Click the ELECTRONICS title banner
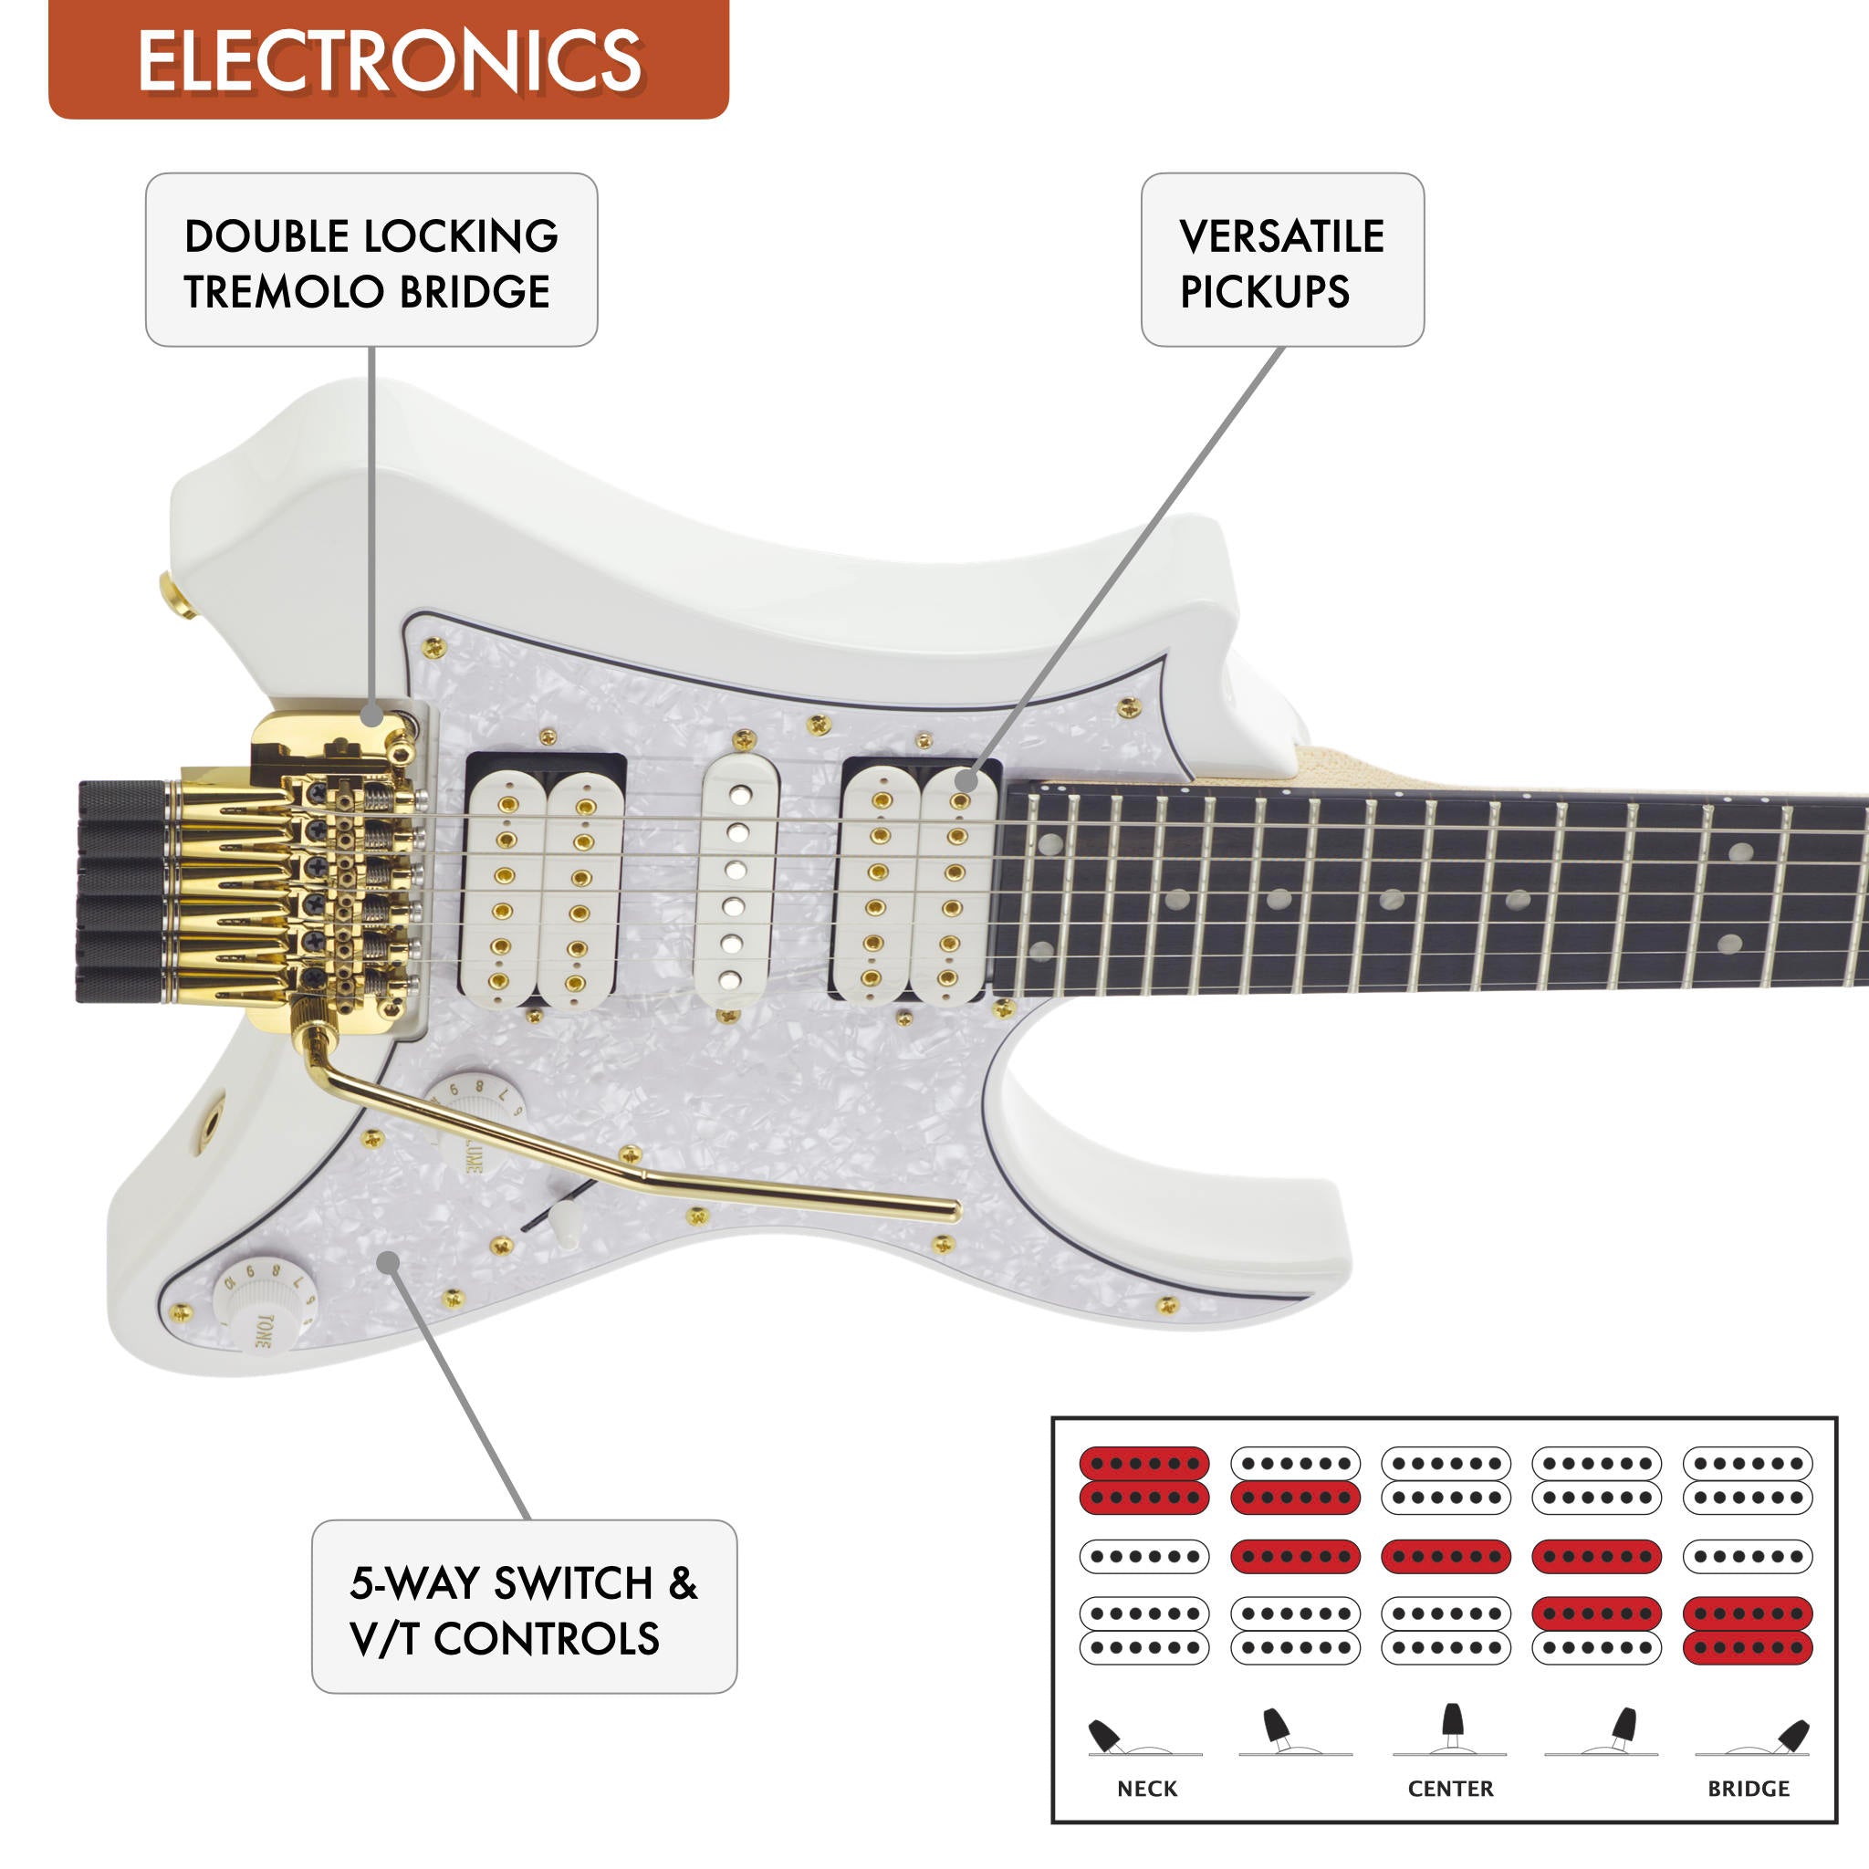point(388,60)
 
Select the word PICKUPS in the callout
point(1264,292)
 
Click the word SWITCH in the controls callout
point(574,1583)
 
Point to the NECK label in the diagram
point(1147,1789)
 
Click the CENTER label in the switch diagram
point(1450,1789)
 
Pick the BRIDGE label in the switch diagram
point(1748,1789)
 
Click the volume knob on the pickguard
point(476,1112)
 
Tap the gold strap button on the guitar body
point(176,596)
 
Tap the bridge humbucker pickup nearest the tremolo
point(542,890)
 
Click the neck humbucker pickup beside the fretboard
point(915,884)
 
